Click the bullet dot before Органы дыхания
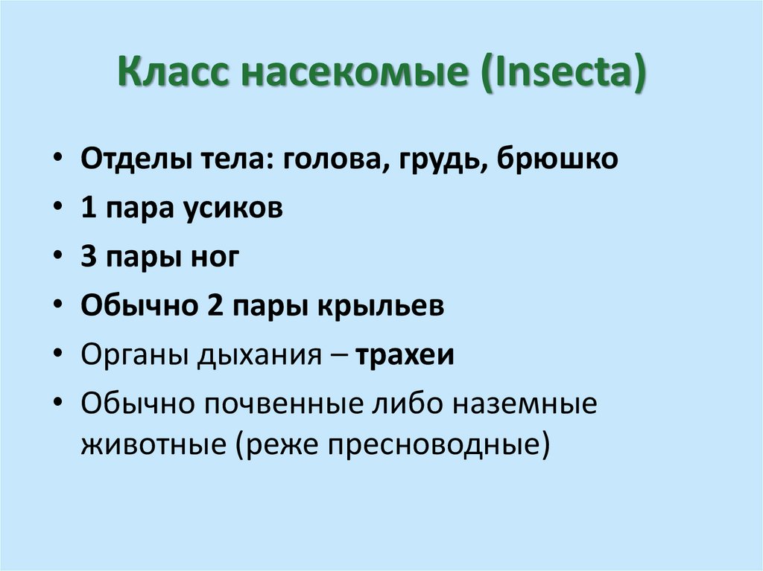click(x=59, y=355)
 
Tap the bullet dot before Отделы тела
click(x=59, y=161)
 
